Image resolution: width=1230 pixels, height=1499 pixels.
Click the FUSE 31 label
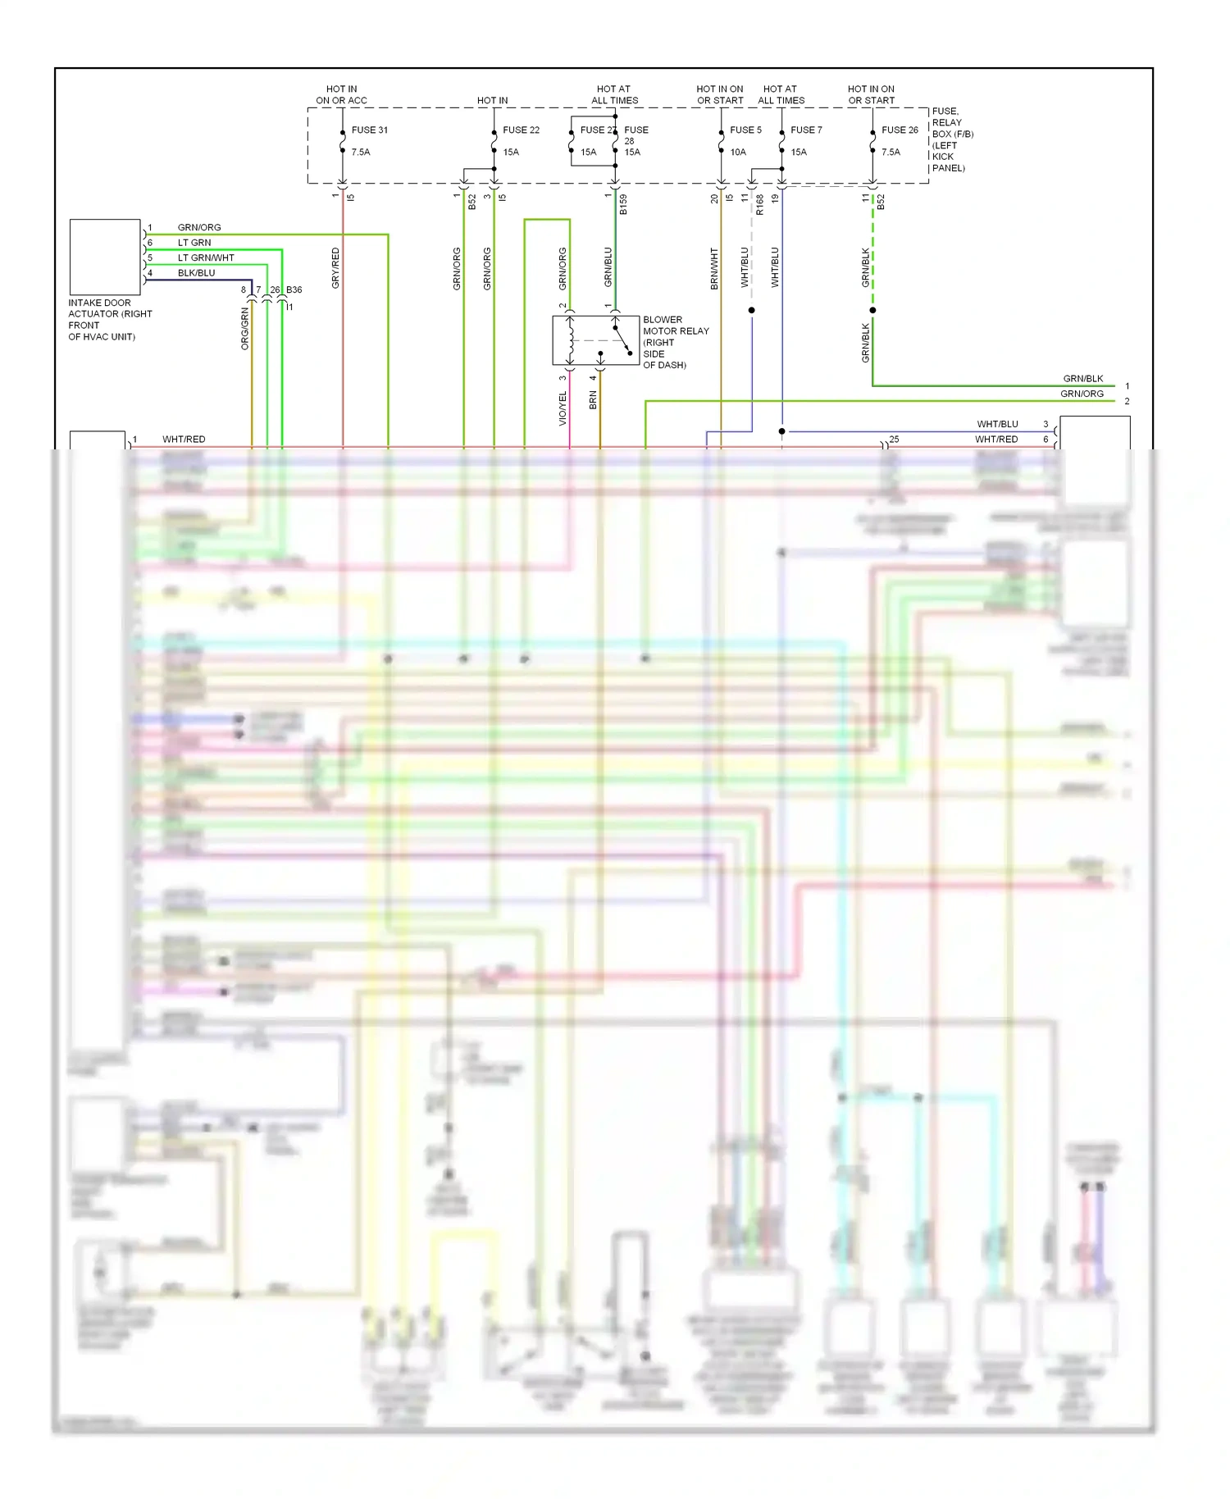pyautogui.click(x=369, y=130)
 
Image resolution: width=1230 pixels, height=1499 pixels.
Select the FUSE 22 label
pyautogui.click(x=521, y=130)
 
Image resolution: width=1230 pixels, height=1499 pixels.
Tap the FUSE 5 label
pyautogui.click(x=745, y=130)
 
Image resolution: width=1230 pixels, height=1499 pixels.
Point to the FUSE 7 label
pyautogui.click(x=806, y=130)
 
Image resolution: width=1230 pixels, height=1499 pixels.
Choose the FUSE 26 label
pyautogui.click(x=900, y=130)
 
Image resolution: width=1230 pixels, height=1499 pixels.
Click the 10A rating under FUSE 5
pyautogui.click(x=738, y=152)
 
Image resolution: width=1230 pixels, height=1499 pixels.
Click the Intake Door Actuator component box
pyautogui.click(x=105, y=257)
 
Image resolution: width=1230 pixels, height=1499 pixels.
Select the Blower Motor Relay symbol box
pyautogui.click(x=596, y=340)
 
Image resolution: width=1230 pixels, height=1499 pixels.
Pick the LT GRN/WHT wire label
pyautogui.click(x=206, y=257)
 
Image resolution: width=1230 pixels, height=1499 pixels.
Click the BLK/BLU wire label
pyautogui.click(x=196, y=273)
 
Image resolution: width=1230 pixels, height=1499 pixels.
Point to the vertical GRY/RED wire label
pyautogui.click(x=335, y=268)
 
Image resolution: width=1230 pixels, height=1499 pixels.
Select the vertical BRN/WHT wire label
pyautogui.click(x=714, y=269)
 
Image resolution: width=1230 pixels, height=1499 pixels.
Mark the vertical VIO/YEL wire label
pyautogui.click(x=563, y=408)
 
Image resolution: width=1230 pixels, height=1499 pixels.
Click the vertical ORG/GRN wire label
pyautogui.click(x=244, y=329)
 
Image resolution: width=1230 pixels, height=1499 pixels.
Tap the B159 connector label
pyautogui.click(x=623, y=204)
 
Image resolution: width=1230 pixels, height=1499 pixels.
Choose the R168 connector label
pyautogui.click(x=760, y=204)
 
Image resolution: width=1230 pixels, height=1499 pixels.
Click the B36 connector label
pyautogui.click(x=294, y=289)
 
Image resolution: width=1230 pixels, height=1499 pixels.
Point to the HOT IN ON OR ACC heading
pyautogui.click(x=341, y=94)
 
